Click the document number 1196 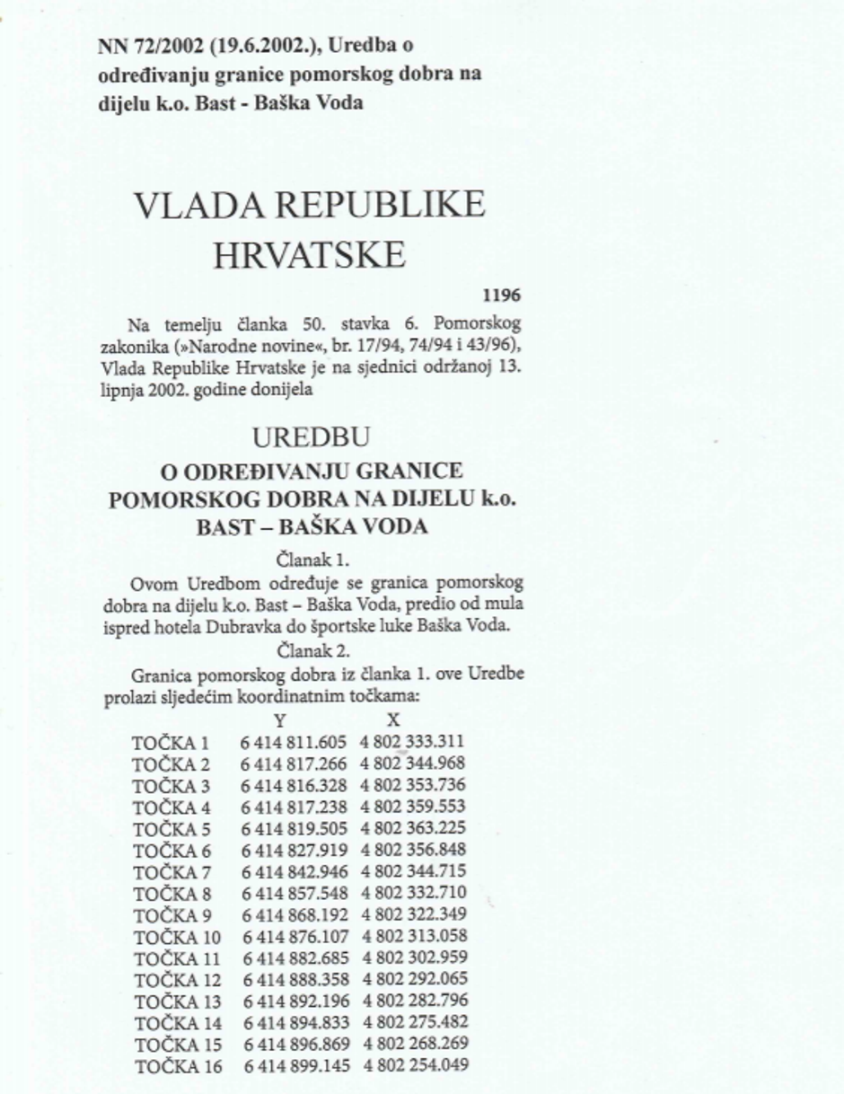click(501, 295)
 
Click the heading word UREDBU click(311, 437)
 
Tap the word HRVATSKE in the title click(309, 256)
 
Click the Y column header click(280, 719)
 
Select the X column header click(393, 719)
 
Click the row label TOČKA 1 click(171, 743)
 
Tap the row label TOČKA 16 click(176, 1066)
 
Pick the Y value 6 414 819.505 click(294, 829)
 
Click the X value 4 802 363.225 click(413, 828)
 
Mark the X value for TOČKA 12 click(415, 979)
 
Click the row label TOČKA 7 click(171, 872)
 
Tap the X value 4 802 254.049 click(416, 1065)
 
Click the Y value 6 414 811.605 click(294, 742)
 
